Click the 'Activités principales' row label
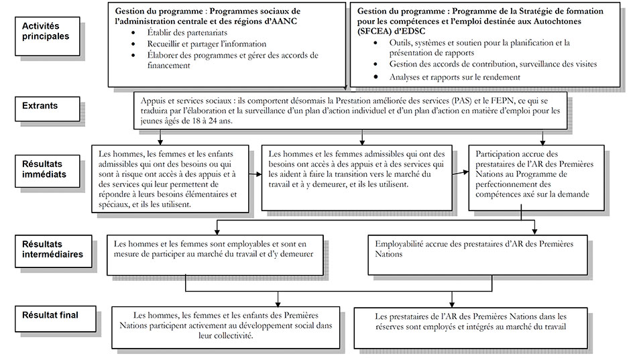tap(46, 31)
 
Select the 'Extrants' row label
tap(40, 105)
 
